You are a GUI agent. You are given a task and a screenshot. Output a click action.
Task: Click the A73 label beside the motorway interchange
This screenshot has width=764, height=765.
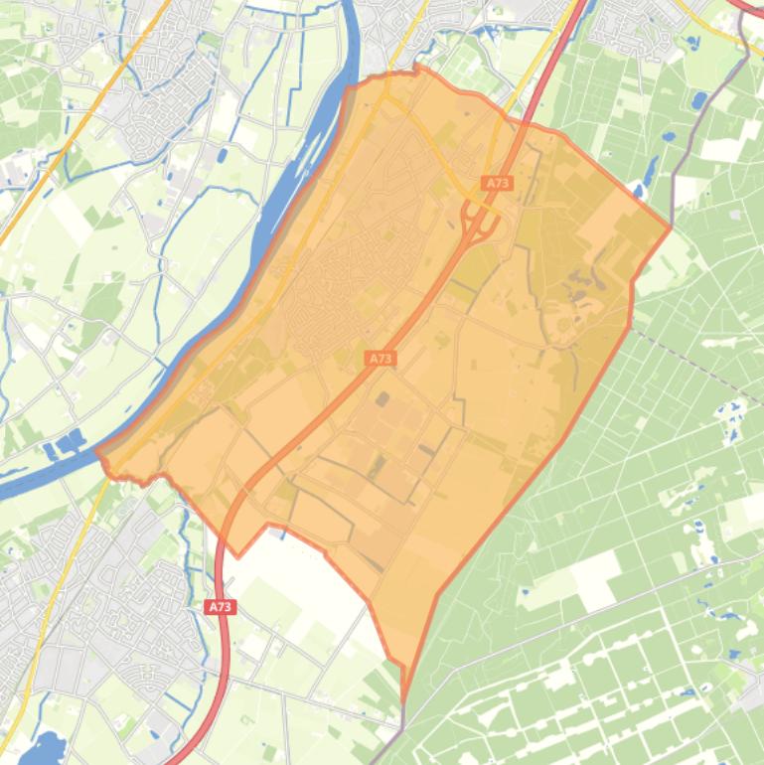point(497,183)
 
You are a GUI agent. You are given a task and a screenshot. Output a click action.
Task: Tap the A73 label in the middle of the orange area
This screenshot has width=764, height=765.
point(381,358)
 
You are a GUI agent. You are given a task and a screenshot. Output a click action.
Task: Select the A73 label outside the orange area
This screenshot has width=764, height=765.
point(221,606)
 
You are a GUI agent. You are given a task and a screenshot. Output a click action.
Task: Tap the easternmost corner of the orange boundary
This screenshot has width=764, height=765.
point(671,228)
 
